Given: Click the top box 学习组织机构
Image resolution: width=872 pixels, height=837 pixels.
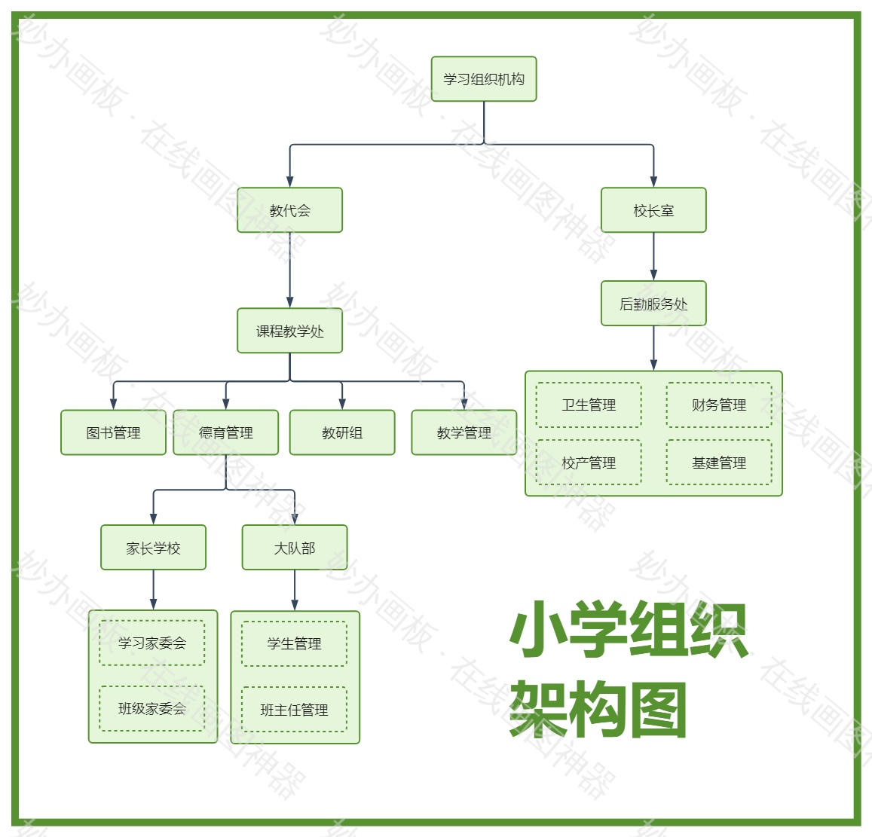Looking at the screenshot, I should click(483, 79).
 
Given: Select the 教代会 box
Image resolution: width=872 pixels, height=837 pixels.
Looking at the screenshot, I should click(289, 210).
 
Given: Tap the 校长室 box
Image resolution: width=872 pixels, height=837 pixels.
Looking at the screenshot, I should click(653, 210).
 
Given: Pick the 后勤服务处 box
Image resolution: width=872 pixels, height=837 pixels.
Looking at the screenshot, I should click(653, 304).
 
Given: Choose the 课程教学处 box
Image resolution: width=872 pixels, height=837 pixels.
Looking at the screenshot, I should click(289, 331).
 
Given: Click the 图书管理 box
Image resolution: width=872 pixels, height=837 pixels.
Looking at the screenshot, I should click(113, 432).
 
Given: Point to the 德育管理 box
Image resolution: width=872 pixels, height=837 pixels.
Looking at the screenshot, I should click(225, 432).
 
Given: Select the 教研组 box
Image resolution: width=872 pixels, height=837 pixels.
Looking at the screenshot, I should click(342, 432).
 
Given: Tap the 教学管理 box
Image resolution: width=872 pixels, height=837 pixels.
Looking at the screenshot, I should click(464, 432).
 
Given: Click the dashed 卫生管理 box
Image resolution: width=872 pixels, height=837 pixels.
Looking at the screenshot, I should click(589, 405).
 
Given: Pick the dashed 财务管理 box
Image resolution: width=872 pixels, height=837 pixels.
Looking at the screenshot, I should click(719, 405).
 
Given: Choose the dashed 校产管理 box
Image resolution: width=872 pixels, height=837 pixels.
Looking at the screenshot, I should click(589, 463).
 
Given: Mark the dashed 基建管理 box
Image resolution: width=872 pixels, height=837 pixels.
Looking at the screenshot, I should click(719, 463).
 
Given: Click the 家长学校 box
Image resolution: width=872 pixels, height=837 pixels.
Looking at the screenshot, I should click(153, 548).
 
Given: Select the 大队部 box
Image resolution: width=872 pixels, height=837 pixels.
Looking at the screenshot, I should click(294, 548).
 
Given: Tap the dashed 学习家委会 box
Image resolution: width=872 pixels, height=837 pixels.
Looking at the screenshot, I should click(151, 643).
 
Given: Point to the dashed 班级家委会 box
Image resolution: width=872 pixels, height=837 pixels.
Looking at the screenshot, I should click(151, 708).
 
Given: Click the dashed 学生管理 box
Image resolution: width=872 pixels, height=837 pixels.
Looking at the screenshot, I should click(294, 644).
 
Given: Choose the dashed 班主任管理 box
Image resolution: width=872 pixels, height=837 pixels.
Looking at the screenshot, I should click(294, 710).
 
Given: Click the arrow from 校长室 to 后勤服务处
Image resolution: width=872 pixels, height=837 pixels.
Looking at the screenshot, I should click(653, 257).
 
